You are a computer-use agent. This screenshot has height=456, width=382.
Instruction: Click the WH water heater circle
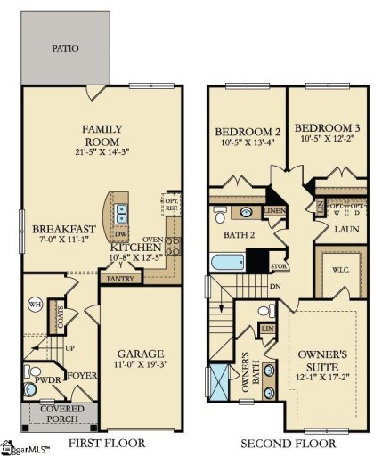pyautogui.click(x=37, y=305)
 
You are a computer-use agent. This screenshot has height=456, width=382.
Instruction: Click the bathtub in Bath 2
pyautogui.click(x=226, y=263)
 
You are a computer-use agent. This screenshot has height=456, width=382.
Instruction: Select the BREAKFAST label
pyautogui.click(x=45, y=227)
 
